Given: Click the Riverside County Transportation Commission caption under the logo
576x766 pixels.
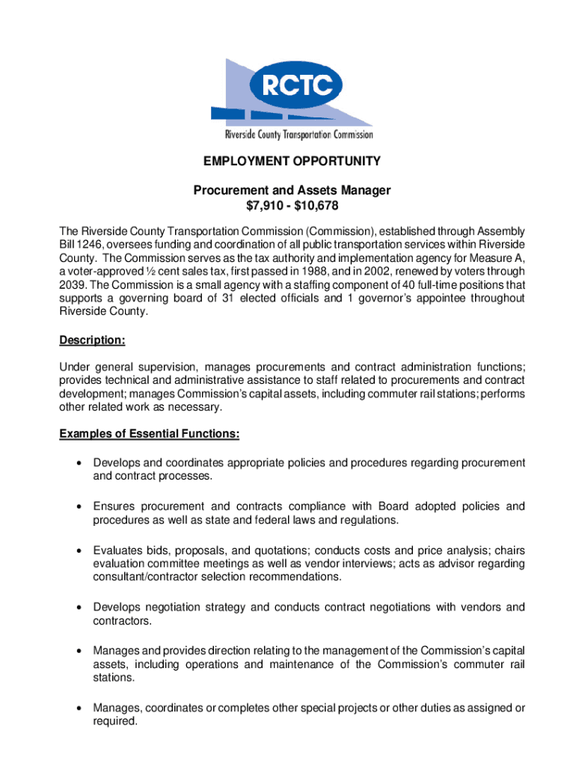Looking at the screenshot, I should point(299,135).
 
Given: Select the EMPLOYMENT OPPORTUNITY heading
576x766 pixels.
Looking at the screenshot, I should point(292,162).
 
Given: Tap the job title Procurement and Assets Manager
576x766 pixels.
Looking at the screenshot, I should point(292,191).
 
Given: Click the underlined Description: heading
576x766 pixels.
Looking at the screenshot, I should point(92,340).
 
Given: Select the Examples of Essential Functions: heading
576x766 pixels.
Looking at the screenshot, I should point(150,434).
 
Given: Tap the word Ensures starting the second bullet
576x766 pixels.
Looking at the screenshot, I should point(114,506).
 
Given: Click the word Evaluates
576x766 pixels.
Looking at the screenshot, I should point(118,549).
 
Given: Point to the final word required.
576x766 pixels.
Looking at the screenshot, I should point(114,722).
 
